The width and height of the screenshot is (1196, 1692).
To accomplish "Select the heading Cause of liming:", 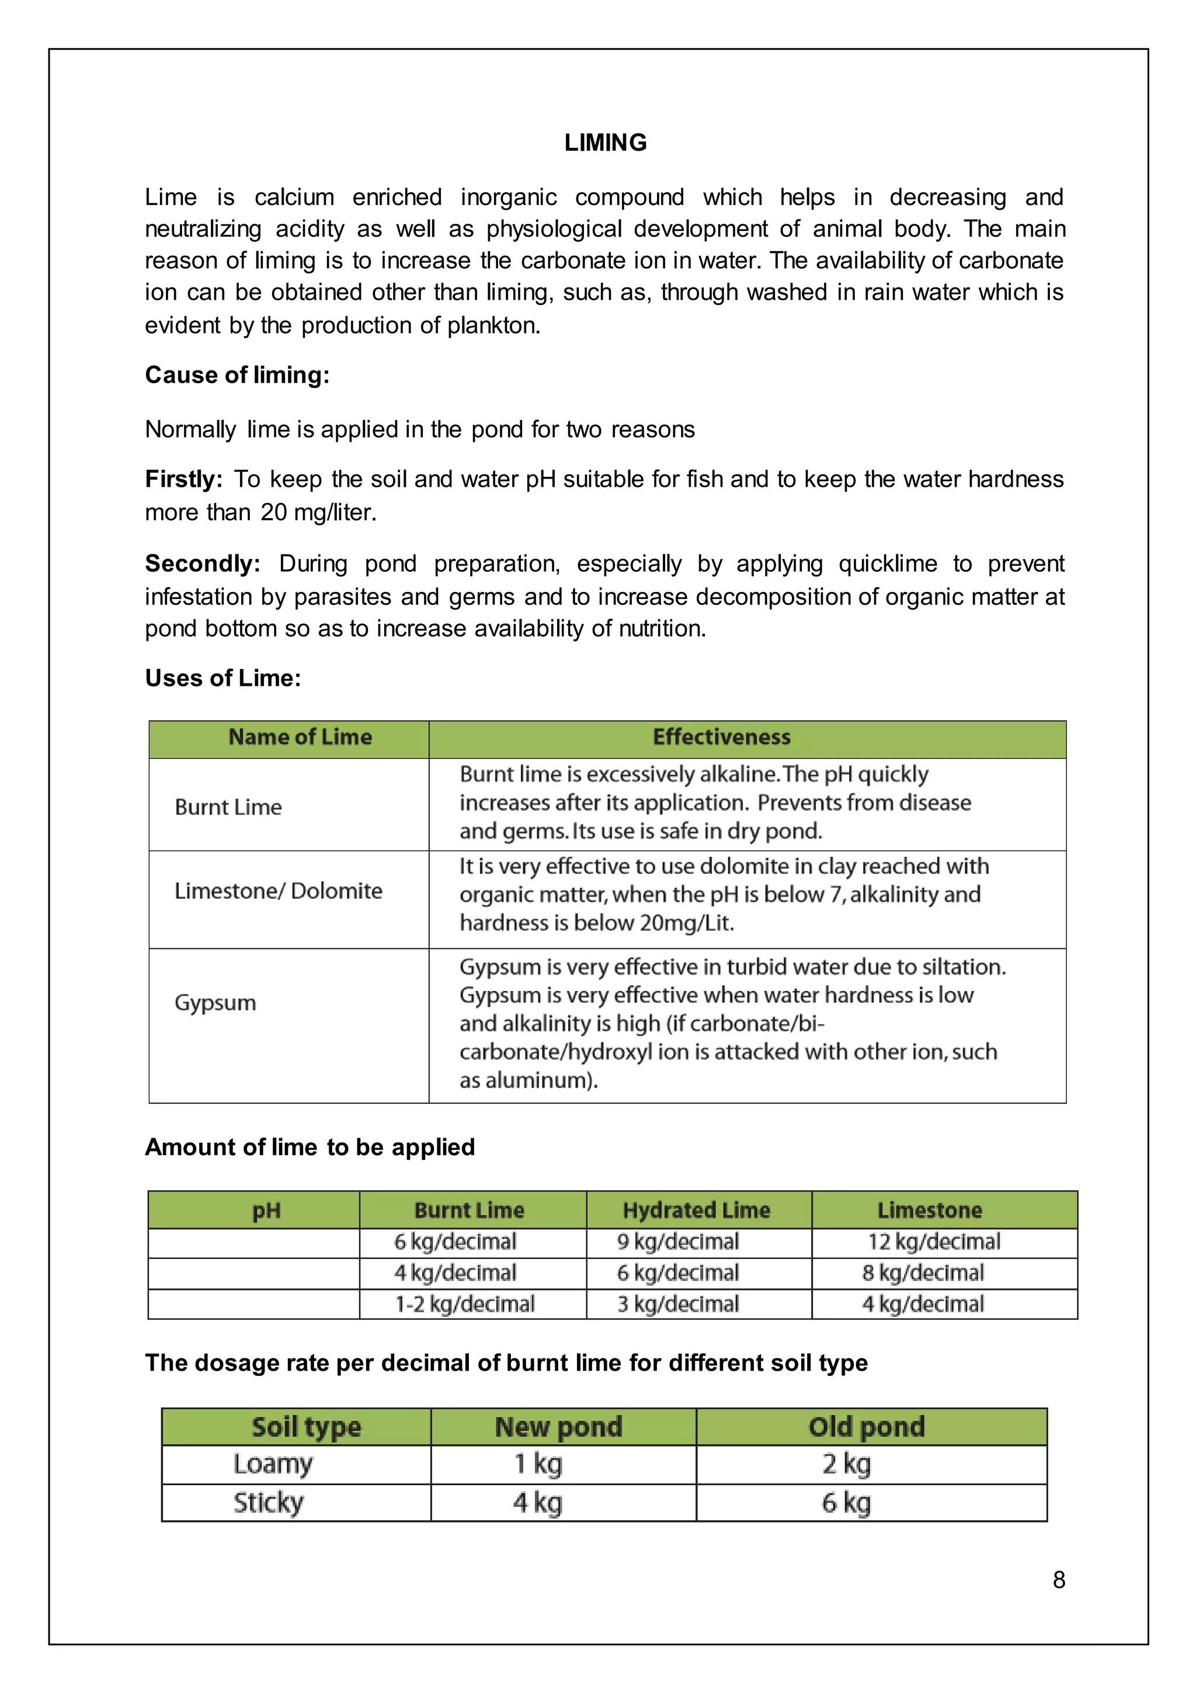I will click(x=237, y=375).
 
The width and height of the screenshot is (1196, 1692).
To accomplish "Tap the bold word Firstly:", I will click(x=183, y=480).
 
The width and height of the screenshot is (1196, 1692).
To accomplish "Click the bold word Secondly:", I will click(x=203, y=564).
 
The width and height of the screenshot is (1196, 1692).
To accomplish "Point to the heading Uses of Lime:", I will click(x=223, y=678).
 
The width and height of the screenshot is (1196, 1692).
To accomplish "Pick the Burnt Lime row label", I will click(x=228, y=807).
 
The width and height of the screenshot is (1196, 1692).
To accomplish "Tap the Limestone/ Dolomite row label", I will click(x=279, y=891).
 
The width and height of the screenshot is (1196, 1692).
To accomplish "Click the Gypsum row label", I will click(x=215, y=1003).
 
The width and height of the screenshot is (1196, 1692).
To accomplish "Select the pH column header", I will click(x=267, y=1211).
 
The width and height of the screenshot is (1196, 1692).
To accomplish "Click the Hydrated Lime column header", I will click(x=696, y=1211).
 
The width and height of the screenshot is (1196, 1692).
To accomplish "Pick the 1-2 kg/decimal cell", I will click(x=465, y=1305).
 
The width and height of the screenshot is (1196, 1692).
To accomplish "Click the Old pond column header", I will click(x=866, y=1427).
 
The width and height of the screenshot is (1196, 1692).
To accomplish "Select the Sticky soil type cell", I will click(x=269, y=1503).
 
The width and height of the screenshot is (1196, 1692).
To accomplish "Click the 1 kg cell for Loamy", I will click(x=538, y=1464).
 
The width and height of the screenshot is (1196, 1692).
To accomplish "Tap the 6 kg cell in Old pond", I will click(x=846, y=1503).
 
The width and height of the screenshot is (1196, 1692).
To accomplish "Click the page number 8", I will click(x=1058, y=1580).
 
